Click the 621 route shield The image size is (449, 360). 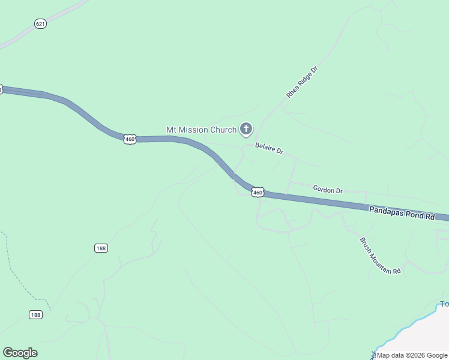click(x=41, y=24)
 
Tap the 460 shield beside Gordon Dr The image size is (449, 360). click(x=258, y=192)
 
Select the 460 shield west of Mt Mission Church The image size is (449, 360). click(x=130, y=139)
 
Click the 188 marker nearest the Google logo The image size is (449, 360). click(x=35, y=314)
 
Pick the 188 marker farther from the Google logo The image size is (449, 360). click(x=101, y=248)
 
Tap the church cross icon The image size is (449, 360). click(x=246, y=129)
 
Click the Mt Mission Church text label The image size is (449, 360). click(x=201, y=130)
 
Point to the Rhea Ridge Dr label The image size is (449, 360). click(x=301, y=82)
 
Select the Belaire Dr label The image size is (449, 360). click(x=269, y=148)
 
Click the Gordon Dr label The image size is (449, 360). click(x=328, y=190)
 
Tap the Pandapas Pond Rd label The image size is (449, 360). click(x=402, y=212)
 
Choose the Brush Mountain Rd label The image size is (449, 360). click(x=379, y=256)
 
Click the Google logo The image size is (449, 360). click(x=20, y=353)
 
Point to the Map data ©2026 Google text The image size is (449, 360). click(x=411, y=355)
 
